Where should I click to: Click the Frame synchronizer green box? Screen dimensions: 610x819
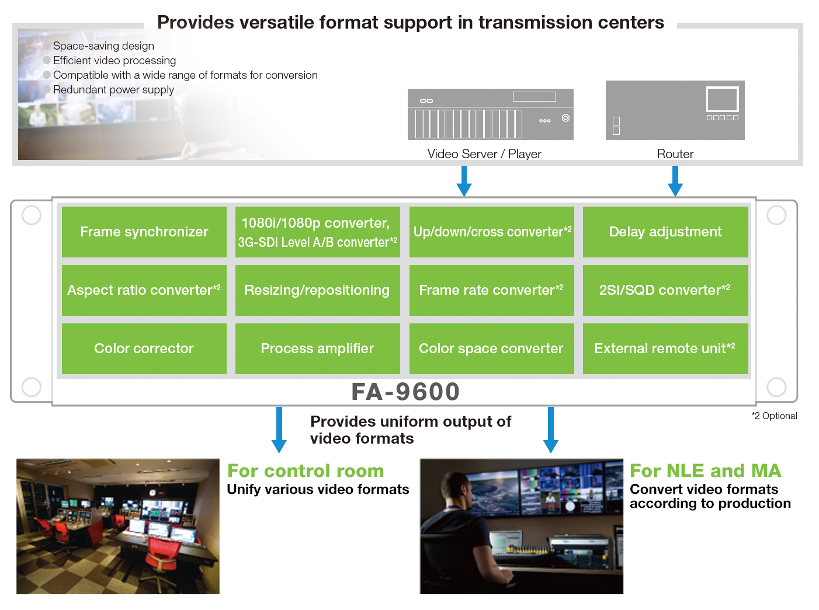pyautogui.click(x=144, y=232)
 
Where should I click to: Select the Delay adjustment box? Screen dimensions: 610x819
pyautogui.click(x=665, y=232)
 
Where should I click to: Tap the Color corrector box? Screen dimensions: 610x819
pyautogui.click(x=144, y=348)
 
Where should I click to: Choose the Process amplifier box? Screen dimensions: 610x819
pyautogui.click(x=317, y=348)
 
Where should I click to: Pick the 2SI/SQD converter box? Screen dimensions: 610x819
pyautogui.click(x=665, y=290)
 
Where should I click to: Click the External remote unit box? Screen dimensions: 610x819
pyautogui.click(x=665, y=348)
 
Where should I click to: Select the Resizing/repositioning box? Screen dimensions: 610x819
pyautogui.click(x=317, y=290)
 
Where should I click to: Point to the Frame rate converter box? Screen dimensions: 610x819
pyautogui.click(x=491, y=290)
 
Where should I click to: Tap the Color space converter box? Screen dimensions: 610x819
pyautogui.click(x=491, y=348)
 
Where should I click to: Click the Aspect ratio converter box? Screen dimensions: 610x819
pyautogui.click(x=144, y=290)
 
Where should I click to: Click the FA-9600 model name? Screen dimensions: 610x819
pyautogui.click(x=405, y=392)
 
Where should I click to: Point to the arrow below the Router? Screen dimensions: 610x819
pyautogui.click(x=675, y=181)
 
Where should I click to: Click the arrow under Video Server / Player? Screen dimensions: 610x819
pyautogui.click(x=464, y=181)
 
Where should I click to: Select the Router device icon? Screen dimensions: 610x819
pyautogui.click(x=675, y=110)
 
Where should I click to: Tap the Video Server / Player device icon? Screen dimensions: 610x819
pyautogui.click(x=490, y=114)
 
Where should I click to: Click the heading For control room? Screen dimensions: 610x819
pyautogui.click(x=306, y=471)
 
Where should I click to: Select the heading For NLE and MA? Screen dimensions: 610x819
pyautogui.click(x=705, y=471)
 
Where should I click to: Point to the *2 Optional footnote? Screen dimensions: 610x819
pyautogui.click(x=774, y=416)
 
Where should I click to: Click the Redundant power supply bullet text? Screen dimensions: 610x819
pyautogui.click(x=113, y=90)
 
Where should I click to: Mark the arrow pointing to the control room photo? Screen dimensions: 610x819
pyautogui.click(x=279, y=430)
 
